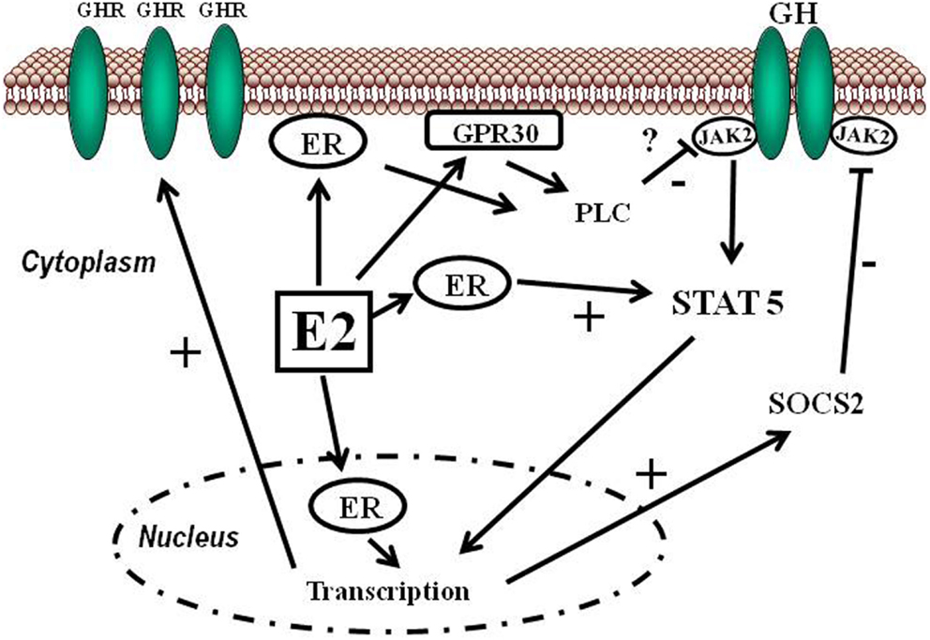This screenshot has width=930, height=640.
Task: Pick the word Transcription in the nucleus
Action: click(x=388, y=591)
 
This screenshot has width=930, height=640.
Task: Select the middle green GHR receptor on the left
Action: click(x=158, y=91)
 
